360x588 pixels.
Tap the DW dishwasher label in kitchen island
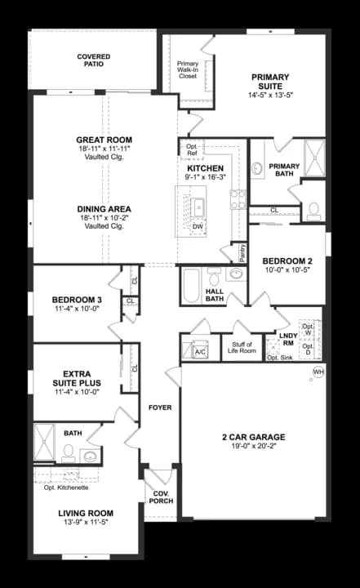coord(198,226)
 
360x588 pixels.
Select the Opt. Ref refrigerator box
coord(193,149)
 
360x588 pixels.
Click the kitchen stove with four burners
coord(238,200)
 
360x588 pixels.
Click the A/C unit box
coord(200,351)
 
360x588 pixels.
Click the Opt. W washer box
coord(308,329)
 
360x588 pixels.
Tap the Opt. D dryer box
coord(309,350)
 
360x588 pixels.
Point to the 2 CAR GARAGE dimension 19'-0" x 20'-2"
coord(253,447)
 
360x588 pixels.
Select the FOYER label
coord(159,407)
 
